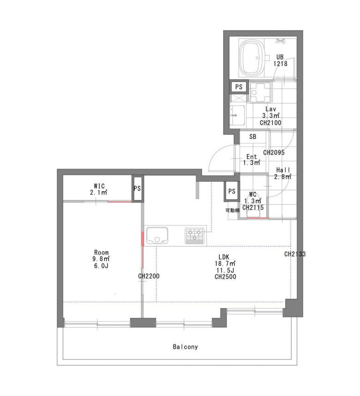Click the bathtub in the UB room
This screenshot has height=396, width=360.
(x=254, y=58)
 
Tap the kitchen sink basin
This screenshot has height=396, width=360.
(x=157, y=235)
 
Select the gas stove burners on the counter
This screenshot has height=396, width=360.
(x=194, y=235)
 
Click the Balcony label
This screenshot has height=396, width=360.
(x=185, y=347)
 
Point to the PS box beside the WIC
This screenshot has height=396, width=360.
(x=137, y=188)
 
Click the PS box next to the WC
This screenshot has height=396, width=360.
(x=232, y=191)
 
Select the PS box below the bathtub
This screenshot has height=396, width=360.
(x=239, y=87)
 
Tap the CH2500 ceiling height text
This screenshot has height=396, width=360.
(x=225, y=277)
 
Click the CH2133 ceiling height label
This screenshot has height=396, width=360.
(x=295, y=254)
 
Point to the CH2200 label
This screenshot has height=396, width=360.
(x=149, y=276)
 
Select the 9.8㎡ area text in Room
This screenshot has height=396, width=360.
(x=101, y=259)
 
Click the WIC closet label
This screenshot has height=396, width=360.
(x=99, y=186)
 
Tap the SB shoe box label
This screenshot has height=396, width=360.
(x=253, y=137)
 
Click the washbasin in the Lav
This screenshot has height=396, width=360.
(x=237, y=116)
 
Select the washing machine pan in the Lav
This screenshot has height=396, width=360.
(x=260, y=92)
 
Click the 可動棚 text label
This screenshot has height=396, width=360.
(x=232, y=210)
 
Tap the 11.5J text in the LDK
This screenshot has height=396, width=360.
(x=225, y=270)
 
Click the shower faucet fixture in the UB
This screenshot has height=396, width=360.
(x=281, y=40)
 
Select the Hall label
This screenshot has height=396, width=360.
(x=283, y=170)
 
